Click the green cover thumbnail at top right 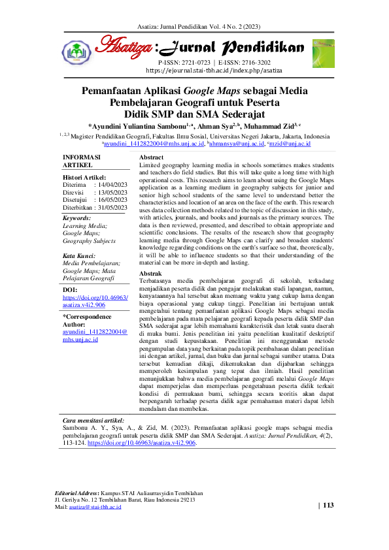click(x=322, y=52)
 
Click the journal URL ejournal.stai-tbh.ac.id click(x=214, y=70)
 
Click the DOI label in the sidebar click(x=69, y=289)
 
